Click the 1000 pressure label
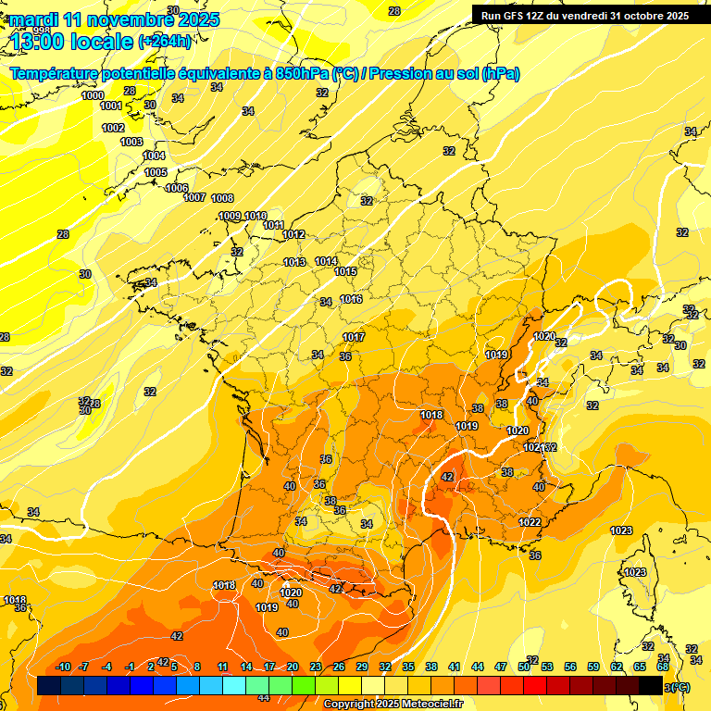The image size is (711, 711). pyautogui.click(x=93, y=95)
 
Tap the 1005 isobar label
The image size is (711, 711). pyautogui.click(x=156, y=172)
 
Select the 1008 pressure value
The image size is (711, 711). pyautogui.click(x=222, y=198)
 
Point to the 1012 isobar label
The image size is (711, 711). pyautogui.click(x=294, y=234)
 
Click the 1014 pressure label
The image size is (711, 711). pyautogui.click(x=326, y=262)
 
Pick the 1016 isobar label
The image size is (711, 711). pyautogui.click(x=351, y=299)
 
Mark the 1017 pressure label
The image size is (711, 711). pyautogui.click(x=354, y=337)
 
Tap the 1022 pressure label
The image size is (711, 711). pyautogui.click(x=530, y=522)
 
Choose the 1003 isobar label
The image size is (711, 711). pyautogui.click(x=131, y=142)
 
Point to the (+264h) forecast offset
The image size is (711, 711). pyautogui.click(x=165, y=42)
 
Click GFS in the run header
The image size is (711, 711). pyautogui.click(x=515, y=16)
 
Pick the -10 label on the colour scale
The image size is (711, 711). pyautogui.click(x=63, y=667)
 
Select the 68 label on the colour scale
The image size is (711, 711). pyautogui.click(x=663, y=667)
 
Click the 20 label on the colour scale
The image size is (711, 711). pyautogui.click(x=293, y=667)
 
